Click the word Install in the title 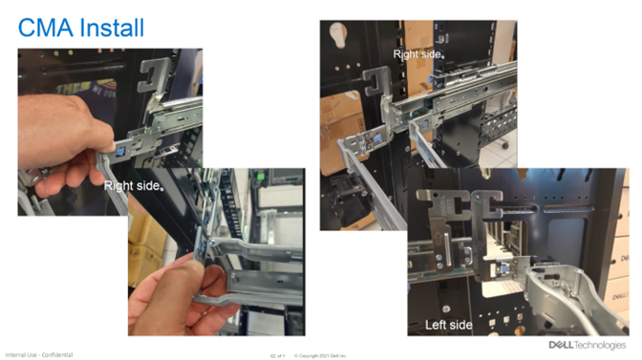tap(110, 27)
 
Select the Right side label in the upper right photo tap(417, 55)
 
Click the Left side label tap(448, 325)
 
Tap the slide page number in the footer tap(278, 355)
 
